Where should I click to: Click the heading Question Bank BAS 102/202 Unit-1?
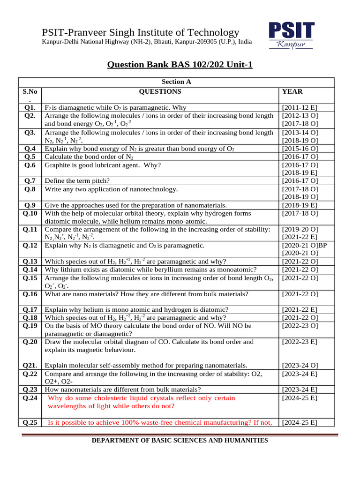pos(180,64)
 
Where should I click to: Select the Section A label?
pos(176,82)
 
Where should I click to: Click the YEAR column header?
pos(292,91)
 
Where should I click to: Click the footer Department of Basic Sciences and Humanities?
pos(180,440)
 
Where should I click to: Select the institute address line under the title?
pos(147,42)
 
